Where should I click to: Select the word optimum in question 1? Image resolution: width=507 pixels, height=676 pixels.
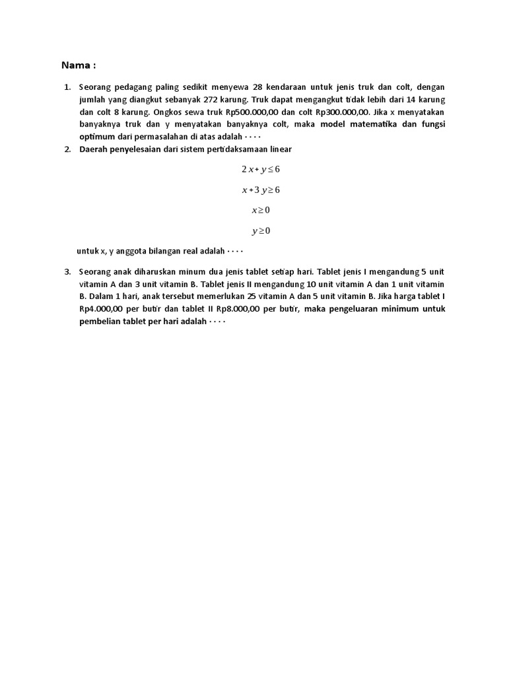(97, 137)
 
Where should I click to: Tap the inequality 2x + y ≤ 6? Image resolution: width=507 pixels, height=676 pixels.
(261, 170)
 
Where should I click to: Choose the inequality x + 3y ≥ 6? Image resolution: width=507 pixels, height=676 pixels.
(261, 190)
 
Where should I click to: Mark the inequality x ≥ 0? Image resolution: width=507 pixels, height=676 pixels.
(261, 211)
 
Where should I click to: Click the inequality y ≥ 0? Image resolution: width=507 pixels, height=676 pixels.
(261, 231)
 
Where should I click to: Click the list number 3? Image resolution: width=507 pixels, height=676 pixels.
(67, 271)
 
